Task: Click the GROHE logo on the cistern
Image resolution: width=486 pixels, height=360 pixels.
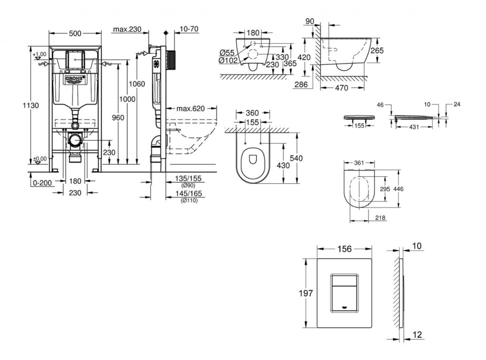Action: (75, 78)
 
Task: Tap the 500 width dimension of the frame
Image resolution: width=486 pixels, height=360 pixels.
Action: (75, 33)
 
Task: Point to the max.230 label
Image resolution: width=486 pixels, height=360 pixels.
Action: (127, 29)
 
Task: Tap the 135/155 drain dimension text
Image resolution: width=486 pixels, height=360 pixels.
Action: (188, 179)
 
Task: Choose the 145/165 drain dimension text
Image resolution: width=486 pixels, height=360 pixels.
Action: (188, 194)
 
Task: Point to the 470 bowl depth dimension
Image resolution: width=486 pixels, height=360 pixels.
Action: (341, 88)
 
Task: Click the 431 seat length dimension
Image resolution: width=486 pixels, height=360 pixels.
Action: (415, 127)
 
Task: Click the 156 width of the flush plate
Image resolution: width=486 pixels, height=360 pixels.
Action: (344, 249)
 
